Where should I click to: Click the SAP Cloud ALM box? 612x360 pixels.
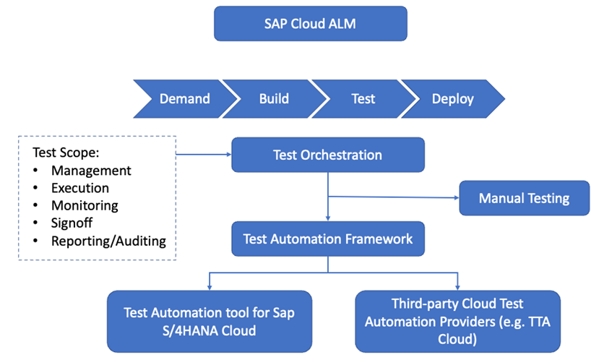click(311, 24)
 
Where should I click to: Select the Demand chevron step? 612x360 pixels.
click(184, 98)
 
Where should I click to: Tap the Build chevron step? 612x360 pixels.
click(274, 98)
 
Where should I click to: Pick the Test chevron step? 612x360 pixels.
click(363, 98)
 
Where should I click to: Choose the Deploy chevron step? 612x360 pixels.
click(452, 98)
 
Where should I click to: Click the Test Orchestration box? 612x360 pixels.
click(327, 155)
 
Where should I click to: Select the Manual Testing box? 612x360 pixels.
click(524, 198)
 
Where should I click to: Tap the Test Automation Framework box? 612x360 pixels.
click(327, 239)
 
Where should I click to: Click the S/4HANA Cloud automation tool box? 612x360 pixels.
click(210, 321)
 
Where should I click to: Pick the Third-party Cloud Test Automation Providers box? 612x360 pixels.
click(457, 321)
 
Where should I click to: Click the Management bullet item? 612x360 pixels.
click(91, 171)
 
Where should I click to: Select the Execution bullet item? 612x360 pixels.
click(79, 188)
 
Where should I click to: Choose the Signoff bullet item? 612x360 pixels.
click(72, 223)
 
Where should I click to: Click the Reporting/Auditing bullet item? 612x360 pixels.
click(108, 241)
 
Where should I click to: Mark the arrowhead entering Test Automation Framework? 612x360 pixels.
click(328, 218)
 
